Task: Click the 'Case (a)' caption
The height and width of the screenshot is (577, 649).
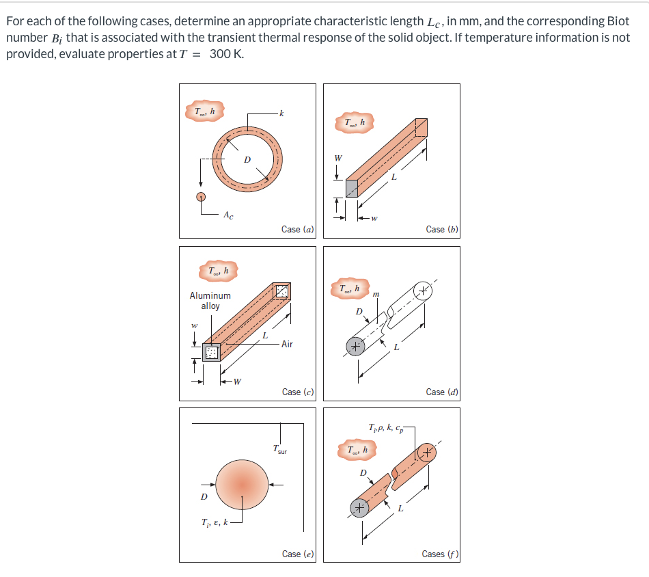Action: click(297, 230)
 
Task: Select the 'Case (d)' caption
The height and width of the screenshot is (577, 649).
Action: click(441, 392)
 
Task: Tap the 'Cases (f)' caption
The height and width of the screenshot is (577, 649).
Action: click(440, 554)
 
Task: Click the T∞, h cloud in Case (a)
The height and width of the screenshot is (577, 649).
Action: click(204, 111)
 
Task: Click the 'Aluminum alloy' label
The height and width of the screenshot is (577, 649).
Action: click(210, 301)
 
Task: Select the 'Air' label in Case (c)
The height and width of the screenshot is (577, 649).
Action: click(286, 344)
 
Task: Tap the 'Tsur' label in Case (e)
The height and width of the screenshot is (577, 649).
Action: click(279, 450)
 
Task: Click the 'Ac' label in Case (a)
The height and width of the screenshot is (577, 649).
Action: click(227, 215)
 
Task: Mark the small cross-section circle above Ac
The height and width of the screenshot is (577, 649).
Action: click(201, 197)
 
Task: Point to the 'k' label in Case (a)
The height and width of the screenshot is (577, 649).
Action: click(281, 112)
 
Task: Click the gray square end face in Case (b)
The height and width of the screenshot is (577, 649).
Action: click(351, 188)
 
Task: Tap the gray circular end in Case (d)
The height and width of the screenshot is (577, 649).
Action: click(354, 347)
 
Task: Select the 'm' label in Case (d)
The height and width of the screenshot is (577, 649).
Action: click(376, 294)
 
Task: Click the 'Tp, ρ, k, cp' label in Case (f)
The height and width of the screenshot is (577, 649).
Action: click(386, 429)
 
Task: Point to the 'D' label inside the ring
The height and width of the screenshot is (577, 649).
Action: click(247, 159)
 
